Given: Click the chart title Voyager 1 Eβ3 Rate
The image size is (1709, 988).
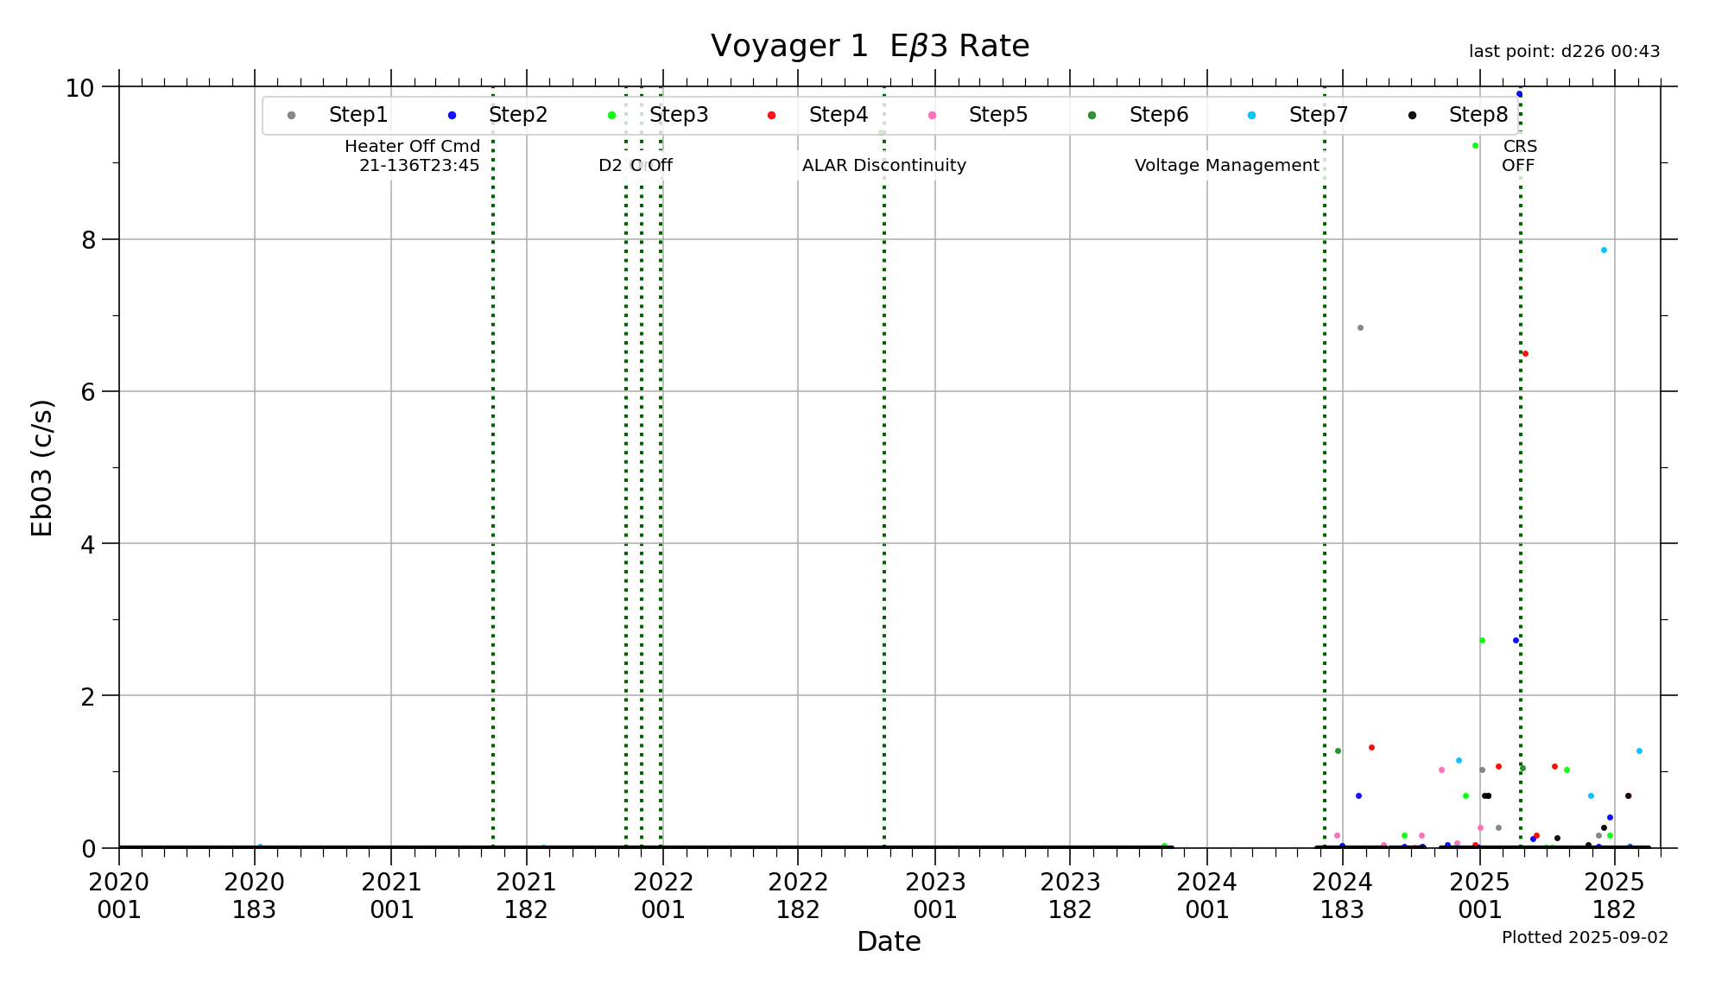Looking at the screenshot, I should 870,46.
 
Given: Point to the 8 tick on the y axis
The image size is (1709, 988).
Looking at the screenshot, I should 89,240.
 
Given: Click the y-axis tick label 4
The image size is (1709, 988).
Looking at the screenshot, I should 89,544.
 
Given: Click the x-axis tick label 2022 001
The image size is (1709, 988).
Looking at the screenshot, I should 663,896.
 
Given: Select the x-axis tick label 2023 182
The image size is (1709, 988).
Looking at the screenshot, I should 1070,896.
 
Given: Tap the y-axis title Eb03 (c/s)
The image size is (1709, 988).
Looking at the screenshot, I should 41,467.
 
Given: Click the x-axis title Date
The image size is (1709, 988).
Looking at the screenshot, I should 889,941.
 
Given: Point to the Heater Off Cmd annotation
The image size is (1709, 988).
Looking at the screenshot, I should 413,155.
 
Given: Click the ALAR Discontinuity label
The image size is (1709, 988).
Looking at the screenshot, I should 883,165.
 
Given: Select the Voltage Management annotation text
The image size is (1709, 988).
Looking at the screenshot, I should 1226,165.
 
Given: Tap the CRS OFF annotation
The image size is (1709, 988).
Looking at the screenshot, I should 1519,155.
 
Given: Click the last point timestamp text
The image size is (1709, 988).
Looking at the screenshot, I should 1564,52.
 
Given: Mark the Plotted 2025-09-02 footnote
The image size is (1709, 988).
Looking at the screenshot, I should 1585,938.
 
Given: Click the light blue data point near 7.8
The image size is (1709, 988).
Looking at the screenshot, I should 1604,250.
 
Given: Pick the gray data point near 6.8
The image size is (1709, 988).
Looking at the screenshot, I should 1360,328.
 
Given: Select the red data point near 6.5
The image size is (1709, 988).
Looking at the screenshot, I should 1525,354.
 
